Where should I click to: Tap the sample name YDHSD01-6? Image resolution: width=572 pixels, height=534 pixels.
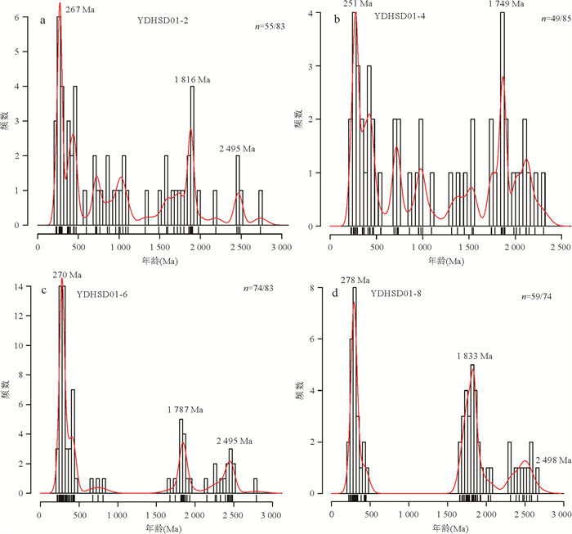[x=103, y=293]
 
